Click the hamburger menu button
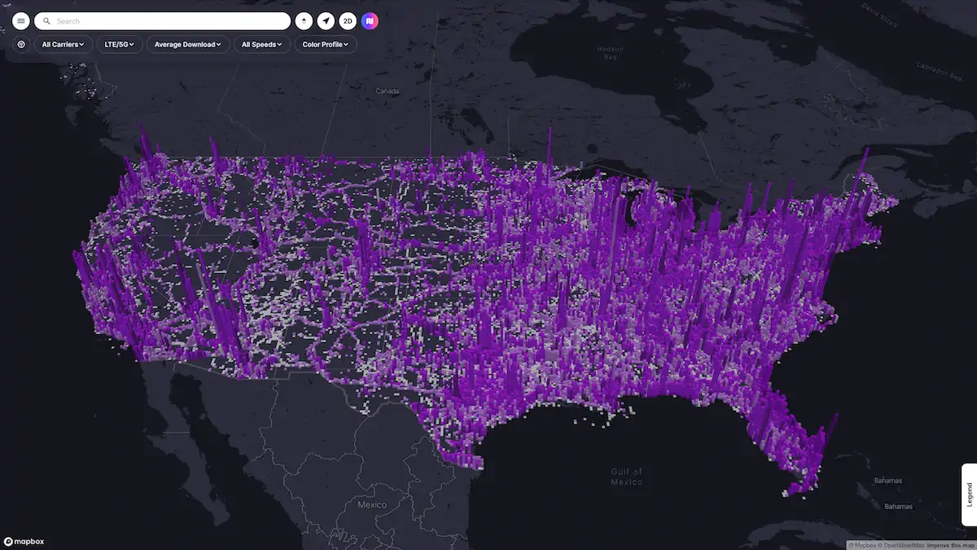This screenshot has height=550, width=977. coord(21,21)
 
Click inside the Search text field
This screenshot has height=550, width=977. coord(163,21)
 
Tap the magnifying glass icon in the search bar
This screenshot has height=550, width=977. coord(47,21)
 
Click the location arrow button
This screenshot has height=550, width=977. coord(326,21)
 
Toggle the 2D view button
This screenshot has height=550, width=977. coord(348,21)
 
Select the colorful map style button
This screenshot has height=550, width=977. coord(370,21)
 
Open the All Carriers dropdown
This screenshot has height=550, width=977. coord(63,44)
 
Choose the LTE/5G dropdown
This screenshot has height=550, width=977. coord(120,44)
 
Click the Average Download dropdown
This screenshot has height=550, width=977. coord(188,44)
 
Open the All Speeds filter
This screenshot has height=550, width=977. coord(262,44)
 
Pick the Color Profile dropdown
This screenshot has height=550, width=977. coord(326,44)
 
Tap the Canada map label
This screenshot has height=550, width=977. coord(387,91)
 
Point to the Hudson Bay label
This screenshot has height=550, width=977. coord(610,53)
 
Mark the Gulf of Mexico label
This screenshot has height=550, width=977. coord(627,477)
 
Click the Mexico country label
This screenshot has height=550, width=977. coord(372,504)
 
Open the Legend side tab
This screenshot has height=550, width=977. coord(969,495)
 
